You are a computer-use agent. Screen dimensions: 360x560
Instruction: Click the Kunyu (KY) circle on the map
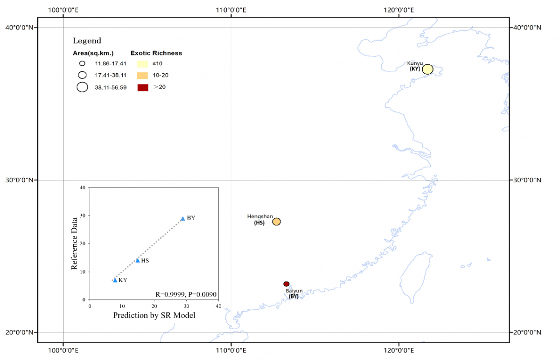[x=427, y=69]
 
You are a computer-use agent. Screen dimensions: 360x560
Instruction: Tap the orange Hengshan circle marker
[x=276, y=222]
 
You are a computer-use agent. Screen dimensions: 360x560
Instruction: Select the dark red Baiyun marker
[x=287, y=284]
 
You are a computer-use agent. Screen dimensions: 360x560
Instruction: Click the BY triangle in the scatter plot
[x=182, y=219]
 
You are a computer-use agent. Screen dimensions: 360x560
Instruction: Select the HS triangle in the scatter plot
[x=138, y=261]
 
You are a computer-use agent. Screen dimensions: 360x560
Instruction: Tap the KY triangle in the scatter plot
[x=115, y=280]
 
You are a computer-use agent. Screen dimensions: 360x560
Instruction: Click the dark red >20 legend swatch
[x=142, y=87]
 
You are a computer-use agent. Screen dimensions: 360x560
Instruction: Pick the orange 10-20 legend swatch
[x=142, y=75]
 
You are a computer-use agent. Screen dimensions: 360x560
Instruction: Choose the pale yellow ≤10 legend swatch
[x=142, y=63]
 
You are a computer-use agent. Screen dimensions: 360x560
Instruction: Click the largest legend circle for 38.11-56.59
[x=83, y=87]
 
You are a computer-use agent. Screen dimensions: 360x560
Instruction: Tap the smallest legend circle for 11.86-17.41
[x=82, y=63]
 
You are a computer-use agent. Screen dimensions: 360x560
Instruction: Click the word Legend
[x=87, y=41]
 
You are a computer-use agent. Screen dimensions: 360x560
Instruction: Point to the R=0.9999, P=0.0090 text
[x=186, y=294]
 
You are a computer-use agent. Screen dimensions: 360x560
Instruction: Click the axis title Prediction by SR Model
[x=154, y=316]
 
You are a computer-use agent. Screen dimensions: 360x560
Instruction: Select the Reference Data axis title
[x=74, y=243]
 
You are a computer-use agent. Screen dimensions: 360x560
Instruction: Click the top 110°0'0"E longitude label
[x=230, y=9]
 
